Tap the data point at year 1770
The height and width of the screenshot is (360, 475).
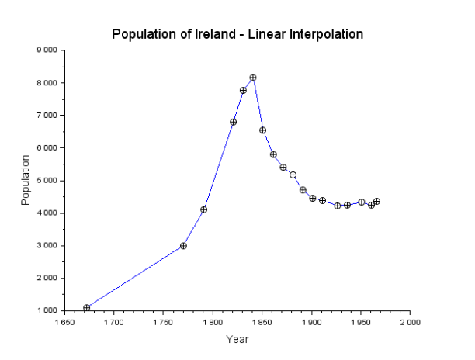coord(183,246)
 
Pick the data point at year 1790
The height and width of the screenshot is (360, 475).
coord(203,209)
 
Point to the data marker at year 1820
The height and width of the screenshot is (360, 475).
coord(233,122)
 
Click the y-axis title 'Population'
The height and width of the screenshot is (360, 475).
coord(26,180)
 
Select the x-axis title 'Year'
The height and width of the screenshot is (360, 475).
coord(237,339)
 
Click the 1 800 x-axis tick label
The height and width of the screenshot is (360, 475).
coord(213,320)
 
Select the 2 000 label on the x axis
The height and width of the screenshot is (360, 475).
coord(410,320)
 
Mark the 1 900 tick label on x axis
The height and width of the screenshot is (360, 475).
coord(311,320)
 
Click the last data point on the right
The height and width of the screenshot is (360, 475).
coord(376,202)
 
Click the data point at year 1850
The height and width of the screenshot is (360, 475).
coord(262,130)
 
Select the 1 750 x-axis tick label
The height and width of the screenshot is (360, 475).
coord(164,320)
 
